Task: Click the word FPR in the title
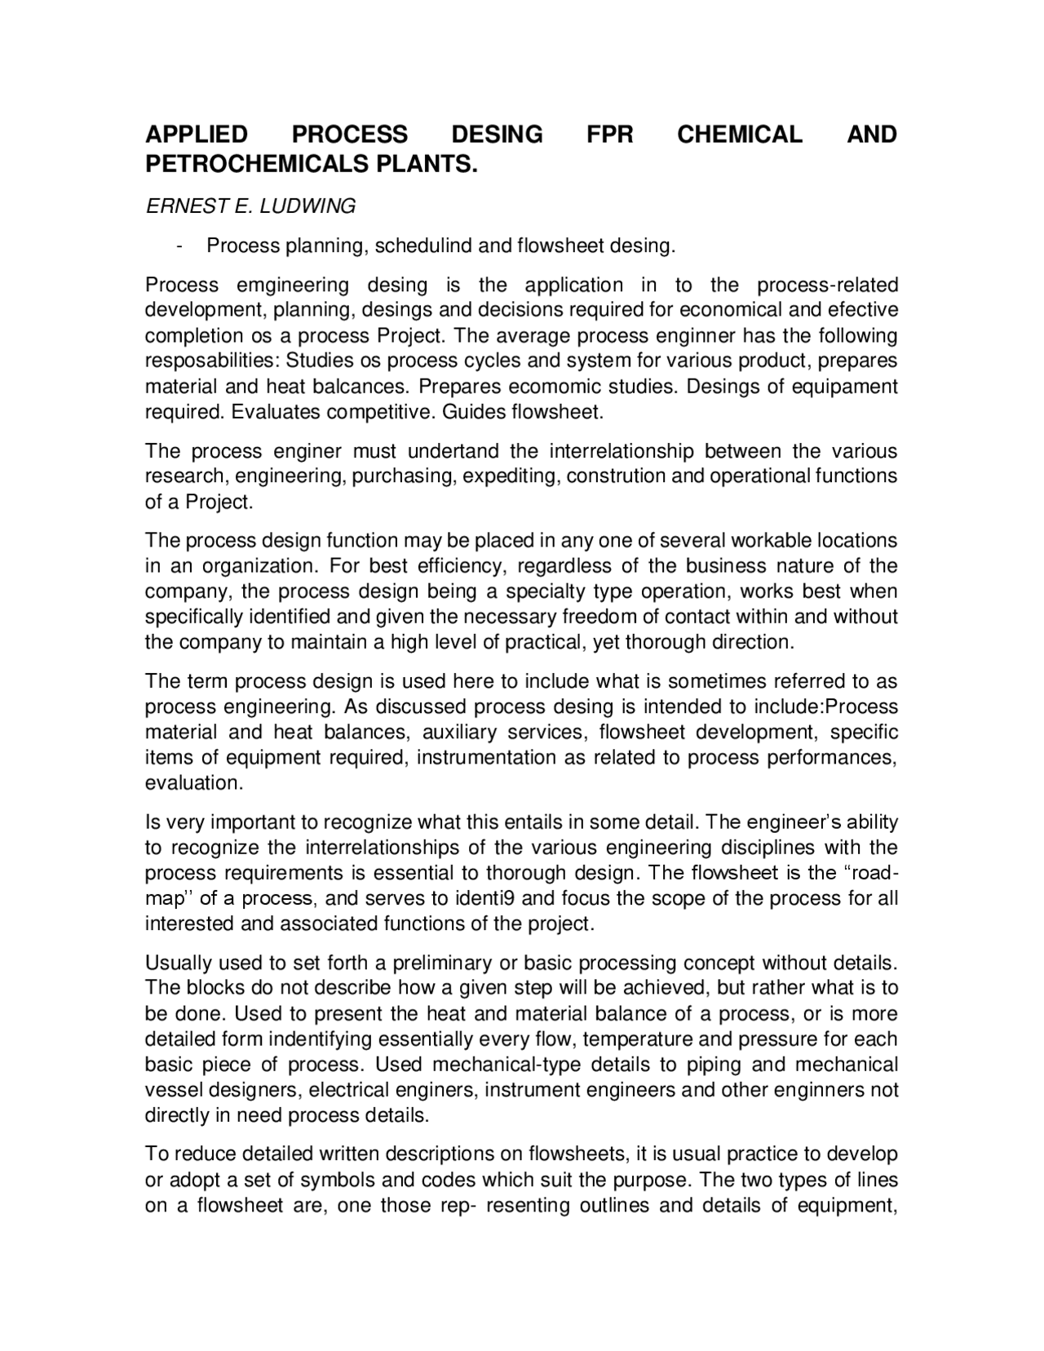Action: [x=610, y=134]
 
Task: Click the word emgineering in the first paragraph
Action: [x=292, y=285]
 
